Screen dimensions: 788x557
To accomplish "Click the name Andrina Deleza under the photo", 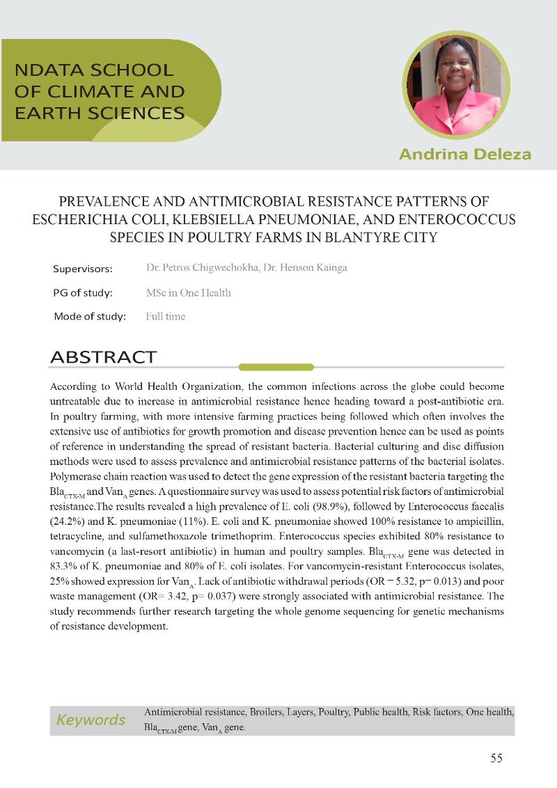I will coord(464,154).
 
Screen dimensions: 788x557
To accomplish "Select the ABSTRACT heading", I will coord(103,357).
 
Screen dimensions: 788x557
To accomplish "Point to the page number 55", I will coord(496,758).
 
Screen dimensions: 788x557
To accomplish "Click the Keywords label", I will coord(91,720).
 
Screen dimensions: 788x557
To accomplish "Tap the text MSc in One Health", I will coord(188,292).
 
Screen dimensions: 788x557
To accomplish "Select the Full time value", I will coord(166,316).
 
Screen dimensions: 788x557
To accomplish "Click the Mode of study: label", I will coord(90,316).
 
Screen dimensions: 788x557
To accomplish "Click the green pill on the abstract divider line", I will coord(276,367).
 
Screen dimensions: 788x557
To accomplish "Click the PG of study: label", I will coord(83,292).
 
